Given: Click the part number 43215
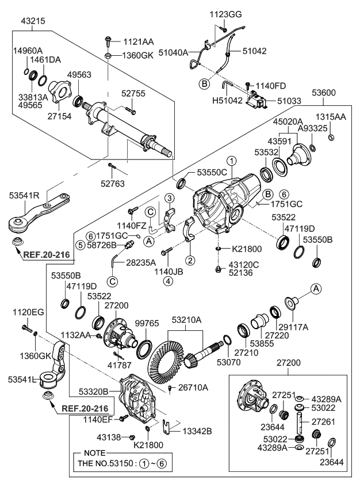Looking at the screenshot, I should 33,20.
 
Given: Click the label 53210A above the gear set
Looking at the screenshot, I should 185,319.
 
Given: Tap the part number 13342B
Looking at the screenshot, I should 197,430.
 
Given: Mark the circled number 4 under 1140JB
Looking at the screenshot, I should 167,281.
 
